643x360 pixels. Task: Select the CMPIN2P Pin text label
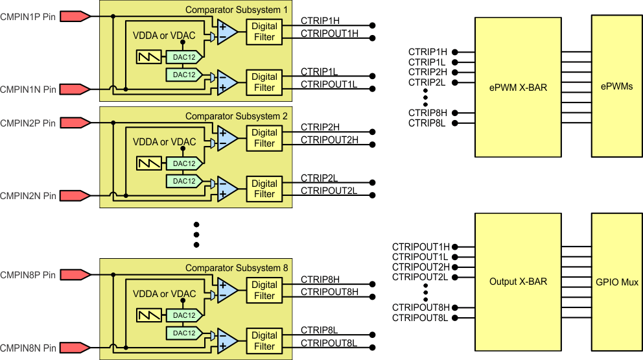click(x=28, y=123)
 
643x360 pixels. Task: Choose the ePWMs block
click(x=616, y=87)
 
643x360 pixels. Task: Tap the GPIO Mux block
click(x=616, y=282)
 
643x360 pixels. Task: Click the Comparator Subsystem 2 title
click(x=236, y=116)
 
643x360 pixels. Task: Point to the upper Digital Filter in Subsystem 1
click(x=264, y=32)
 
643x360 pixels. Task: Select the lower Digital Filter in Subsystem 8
click(x=264, y=341)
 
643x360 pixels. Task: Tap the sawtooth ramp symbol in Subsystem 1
click(x=150, y=57)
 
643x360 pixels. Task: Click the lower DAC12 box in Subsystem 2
click(x=184, y=181)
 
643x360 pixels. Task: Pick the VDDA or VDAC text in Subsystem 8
click(x=164, y=294)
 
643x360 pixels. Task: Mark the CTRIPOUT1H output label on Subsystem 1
click(x=329, y=33)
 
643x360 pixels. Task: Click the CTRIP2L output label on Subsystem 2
click(x=319, y=177)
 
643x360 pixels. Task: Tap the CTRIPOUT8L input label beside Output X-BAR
click(x=420, y=317)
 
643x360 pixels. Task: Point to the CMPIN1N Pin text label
click(x=28, y=89)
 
